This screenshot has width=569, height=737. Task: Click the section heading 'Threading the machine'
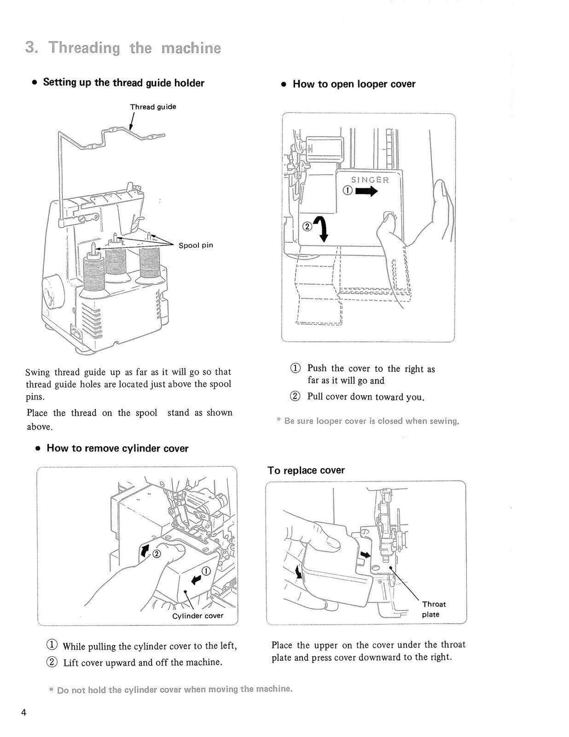point(123,48)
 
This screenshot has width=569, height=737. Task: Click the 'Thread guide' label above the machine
point(153,107)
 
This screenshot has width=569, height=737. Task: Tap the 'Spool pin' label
point(196,245)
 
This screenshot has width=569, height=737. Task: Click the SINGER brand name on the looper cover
point(370,180)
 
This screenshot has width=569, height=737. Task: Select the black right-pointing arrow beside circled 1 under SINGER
point(367,192)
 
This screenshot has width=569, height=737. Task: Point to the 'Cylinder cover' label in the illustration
point(198,615)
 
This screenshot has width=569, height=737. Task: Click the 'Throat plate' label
point(433,609)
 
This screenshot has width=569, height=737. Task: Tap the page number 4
point(25,713)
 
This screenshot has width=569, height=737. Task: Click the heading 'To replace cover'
point(306,470)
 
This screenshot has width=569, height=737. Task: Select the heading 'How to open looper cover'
point(354,84)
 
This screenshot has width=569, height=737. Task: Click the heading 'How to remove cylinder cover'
point(117,448)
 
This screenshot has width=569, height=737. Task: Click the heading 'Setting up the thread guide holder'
point(123,83)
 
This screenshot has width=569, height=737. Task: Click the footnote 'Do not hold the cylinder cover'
point(174,689)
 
